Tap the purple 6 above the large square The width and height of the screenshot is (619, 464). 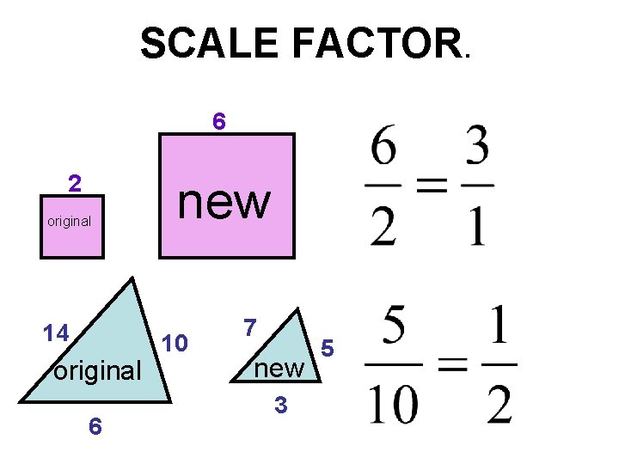click(219, 123)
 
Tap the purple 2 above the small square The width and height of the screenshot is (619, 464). click(76, 184)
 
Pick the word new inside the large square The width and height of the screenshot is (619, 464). click(224, 202)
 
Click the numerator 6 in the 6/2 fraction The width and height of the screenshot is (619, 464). click(383, 150)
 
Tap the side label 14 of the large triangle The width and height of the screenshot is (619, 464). click(58, 333)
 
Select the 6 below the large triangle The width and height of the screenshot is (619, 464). click(96, 426)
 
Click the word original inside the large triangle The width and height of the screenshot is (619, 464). click(97, 372)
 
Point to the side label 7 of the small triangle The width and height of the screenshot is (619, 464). click(249, 327)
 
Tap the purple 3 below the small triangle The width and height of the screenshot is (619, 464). click(279, 405)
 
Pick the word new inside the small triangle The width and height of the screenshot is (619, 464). click(280, 369)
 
